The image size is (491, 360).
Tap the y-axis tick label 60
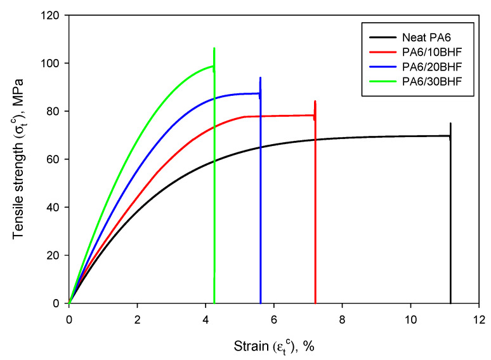[x=53, y=159]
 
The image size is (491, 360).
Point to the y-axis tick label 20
[x=53, y=255]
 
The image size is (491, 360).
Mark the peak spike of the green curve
[x=214, y=49]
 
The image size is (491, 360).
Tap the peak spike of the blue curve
[x=260, y=78]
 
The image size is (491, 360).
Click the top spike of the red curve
[x=315, y=102]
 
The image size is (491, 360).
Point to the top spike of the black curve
[x=450, y=124]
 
